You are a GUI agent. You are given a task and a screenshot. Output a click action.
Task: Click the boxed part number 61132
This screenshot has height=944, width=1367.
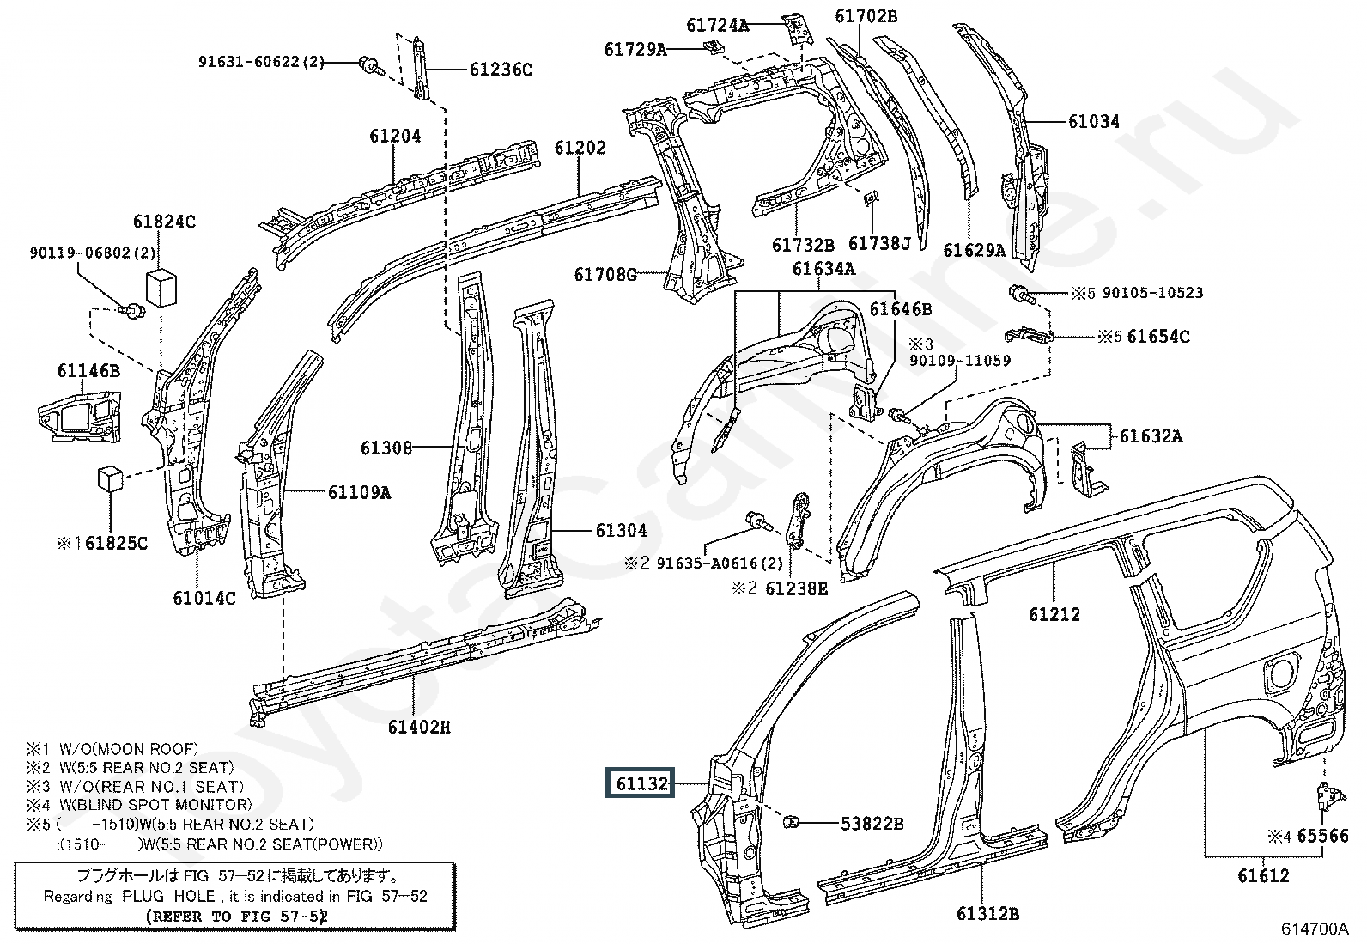[641, 783]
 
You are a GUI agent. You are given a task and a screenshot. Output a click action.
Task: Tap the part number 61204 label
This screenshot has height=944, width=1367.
[395, 136]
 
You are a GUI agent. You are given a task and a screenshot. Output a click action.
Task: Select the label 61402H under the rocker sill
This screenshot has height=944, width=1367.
[419, 728]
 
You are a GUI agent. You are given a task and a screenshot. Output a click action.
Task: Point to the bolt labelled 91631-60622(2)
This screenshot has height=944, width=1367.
[370, 64]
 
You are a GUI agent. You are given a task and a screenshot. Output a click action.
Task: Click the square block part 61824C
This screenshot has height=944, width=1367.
[161, 289]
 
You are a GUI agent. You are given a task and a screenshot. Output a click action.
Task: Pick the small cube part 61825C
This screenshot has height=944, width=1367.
[111, 478]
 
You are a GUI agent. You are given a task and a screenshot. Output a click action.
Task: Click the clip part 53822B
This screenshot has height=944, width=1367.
[791, 822]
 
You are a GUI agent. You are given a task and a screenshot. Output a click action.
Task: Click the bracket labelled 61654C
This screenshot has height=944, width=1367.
[1029, 335]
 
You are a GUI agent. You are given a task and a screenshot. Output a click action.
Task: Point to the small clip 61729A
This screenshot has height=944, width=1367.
[712, 47]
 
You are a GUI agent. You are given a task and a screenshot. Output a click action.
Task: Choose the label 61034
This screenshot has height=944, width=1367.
[1094, 122]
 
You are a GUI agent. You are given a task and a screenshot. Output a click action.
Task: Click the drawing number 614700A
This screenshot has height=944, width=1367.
[1315, 929]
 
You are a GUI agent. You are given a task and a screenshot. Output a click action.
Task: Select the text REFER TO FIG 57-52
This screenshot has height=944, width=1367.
[237, 916]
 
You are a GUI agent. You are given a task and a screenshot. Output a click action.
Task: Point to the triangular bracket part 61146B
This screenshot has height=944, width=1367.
[81, 415]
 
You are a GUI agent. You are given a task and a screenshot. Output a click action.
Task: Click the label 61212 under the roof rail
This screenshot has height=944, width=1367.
[1054, 613]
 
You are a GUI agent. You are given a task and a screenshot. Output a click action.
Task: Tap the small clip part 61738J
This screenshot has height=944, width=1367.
[872, 198]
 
